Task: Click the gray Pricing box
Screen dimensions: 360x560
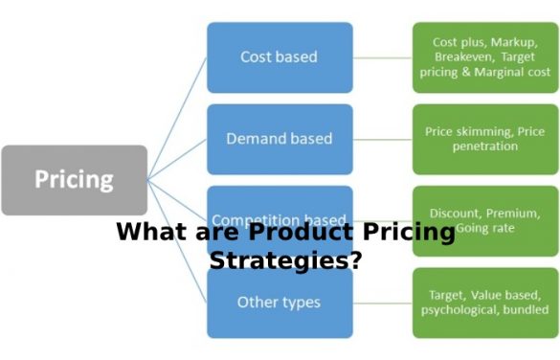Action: point(74,180)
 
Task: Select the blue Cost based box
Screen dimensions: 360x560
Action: point(280,56)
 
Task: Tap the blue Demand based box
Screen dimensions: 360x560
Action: point(280,139)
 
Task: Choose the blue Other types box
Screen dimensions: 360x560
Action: point(280,303)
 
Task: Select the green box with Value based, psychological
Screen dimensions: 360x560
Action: point(483,303)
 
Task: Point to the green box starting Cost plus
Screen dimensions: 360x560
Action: point(483,56)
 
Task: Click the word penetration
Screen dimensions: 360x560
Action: point(484,146)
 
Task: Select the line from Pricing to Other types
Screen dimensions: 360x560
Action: point(178,239)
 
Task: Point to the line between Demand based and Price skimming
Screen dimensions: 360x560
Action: point(382,139)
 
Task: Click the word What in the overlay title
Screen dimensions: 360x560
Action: point(146,233)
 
